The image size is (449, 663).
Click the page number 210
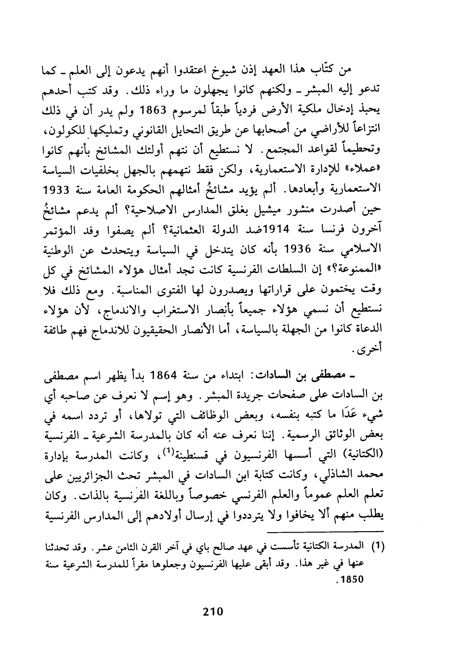click(212, 612)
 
